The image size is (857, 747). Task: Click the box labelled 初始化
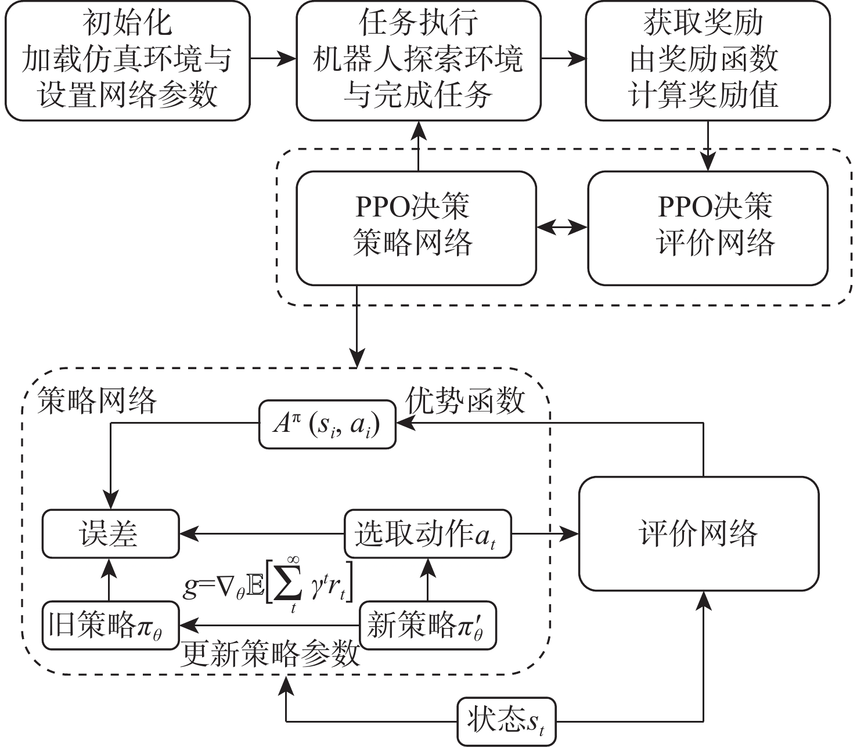128,60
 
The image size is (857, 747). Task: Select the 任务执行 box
418,60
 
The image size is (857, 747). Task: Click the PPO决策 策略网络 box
416,228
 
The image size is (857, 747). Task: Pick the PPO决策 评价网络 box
707,228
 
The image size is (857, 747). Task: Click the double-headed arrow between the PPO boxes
562,228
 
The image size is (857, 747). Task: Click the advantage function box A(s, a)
327,424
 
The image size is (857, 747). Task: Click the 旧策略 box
110,626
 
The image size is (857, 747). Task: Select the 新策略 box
427,626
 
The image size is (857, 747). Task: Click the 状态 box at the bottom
506,721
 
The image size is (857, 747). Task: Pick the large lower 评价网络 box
698,533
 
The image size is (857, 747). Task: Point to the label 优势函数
465,400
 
